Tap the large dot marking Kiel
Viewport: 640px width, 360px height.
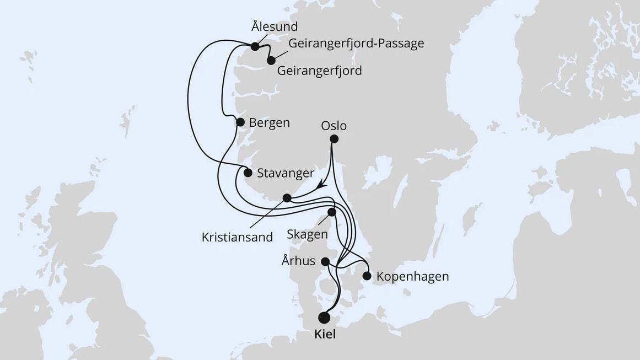pos(324,318)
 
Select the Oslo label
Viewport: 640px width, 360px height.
pos(334,126)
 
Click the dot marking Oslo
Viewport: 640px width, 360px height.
pos(334,139)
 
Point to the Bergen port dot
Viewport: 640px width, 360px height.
pos(240,122)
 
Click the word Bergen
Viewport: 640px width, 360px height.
pos(269,122)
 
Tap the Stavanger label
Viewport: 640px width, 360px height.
pos(286,173)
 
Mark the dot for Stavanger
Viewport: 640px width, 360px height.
pos(248,173)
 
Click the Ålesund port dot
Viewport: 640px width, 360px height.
pos(255,47)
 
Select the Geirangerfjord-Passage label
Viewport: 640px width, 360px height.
pos(356,43)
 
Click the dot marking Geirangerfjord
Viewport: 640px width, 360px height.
pos(271,60)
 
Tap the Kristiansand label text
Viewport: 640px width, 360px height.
pos(237,238)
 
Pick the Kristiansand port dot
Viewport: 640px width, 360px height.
pos(286,198)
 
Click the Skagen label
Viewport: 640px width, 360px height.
pos(307,234)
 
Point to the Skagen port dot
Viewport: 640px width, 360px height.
pos(332,212)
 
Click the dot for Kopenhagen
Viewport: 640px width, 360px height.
pos(367,276)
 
